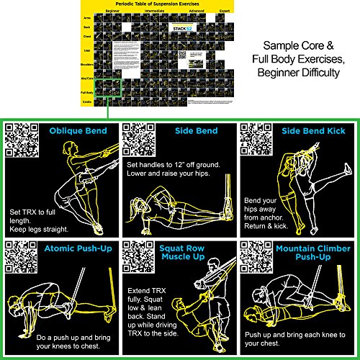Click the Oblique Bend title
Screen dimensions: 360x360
(x=78, y=131)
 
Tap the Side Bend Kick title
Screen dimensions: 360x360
(x=314, y=131)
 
